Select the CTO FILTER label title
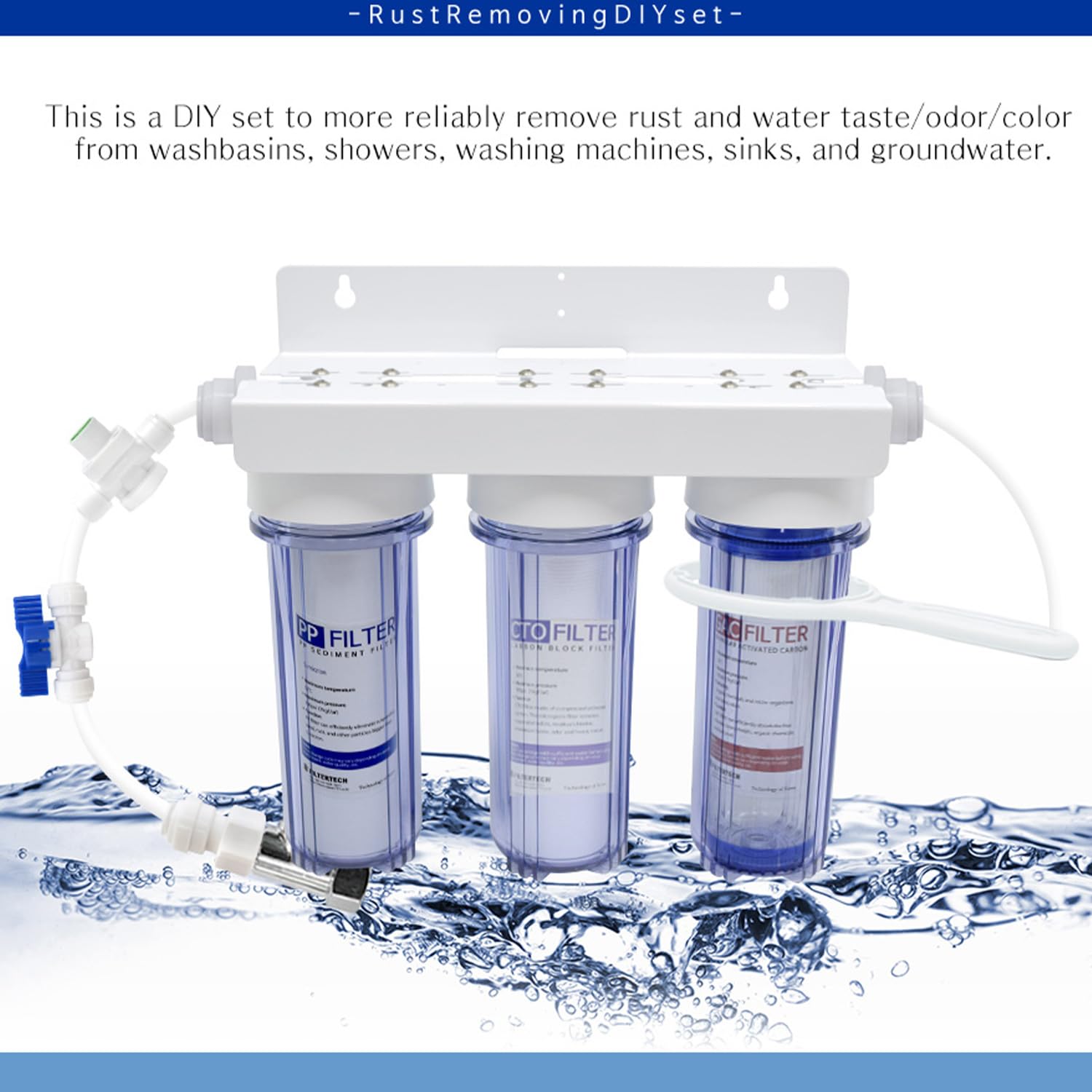pos(562,632)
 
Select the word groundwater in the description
pos(960,150)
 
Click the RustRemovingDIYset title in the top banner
pos(546,15)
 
